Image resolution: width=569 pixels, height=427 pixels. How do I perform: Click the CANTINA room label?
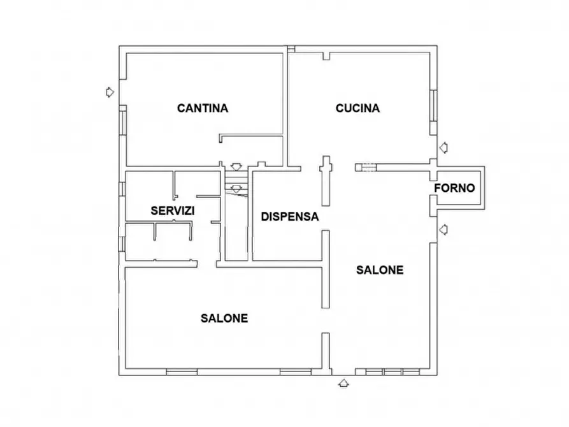click(203, 108)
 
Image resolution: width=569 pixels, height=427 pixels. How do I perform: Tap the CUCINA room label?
click(358, 108)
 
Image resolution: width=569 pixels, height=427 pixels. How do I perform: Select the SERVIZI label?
click(173, 210)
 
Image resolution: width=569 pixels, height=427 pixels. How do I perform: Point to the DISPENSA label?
click(290, 217)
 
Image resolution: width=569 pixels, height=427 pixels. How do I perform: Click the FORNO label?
click(455, 188)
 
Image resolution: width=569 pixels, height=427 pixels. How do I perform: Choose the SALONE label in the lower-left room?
click(224, 319)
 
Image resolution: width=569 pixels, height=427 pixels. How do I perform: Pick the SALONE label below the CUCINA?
click(380, 270)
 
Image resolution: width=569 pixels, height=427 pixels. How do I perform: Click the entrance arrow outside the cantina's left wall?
click(110, 92)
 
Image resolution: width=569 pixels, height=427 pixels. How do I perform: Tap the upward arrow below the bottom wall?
click(343, 383)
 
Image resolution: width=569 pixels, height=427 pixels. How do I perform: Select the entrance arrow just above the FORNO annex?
click(443, 148)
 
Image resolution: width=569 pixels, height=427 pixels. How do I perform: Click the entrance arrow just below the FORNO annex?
click(443, 229)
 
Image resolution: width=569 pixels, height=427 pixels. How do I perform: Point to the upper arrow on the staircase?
click(236, 167)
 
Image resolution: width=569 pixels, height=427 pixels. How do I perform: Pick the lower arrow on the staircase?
click(236, 189)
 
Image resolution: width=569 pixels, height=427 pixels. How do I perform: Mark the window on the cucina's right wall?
click(434, 105)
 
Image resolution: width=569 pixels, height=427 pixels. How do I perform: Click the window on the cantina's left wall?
click(122, 123)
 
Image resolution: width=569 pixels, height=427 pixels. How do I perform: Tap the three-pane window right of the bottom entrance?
click(393, 372)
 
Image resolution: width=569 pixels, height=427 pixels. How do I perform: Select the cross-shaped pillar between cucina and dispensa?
click(326, 181)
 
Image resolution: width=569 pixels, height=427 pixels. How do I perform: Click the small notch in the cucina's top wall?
click(327, 56)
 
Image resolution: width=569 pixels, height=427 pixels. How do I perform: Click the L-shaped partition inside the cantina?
click(251, 136)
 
